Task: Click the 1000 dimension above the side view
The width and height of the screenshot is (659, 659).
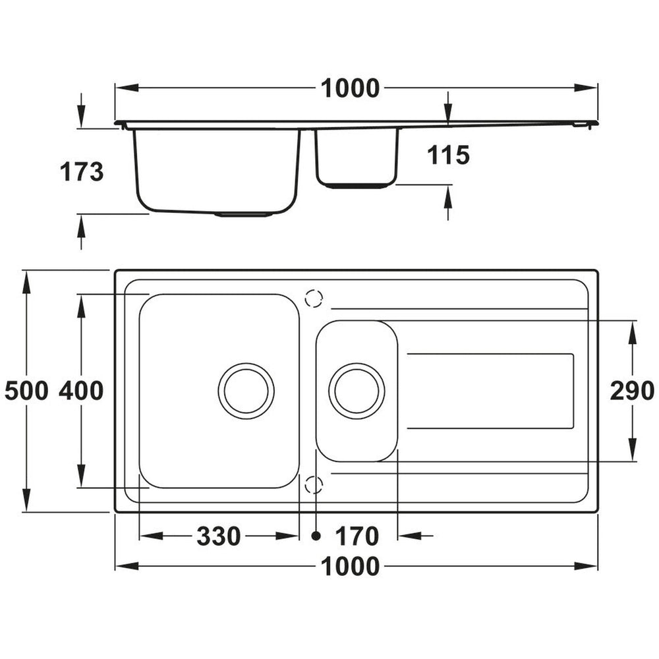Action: coord(350,88)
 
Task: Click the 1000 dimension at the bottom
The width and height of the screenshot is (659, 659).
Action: coord(350,566)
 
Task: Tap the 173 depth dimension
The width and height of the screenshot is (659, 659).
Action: coord(82,172)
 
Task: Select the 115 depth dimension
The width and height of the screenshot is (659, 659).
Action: coord(448,156)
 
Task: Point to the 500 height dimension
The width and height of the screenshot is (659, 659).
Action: coord(26,391)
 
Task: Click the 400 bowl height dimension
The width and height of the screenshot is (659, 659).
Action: coord(81,391)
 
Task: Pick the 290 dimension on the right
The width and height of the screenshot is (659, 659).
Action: coord(632,391)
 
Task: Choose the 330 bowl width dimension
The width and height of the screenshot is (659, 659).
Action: coord(219,536)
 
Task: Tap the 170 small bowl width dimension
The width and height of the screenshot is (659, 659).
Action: coord(357,536)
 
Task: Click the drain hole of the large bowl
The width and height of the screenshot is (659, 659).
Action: coord(246,390)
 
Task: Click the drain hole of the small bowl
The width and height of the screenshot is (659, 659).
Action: coord(357,390)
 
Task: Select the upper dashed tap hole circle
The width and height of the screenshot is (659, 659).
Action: coord(314,299)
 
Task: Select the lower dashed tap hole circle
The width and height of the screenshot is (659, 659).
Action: coord(314,484)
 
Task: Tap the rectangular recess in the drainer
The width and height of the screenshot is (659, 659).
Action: coord(490,391)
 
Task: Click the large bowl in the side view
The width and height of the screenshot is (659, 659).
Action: coord(217,170)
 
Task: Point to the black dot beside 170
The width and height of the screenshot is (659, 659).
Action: coord(316,536)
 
